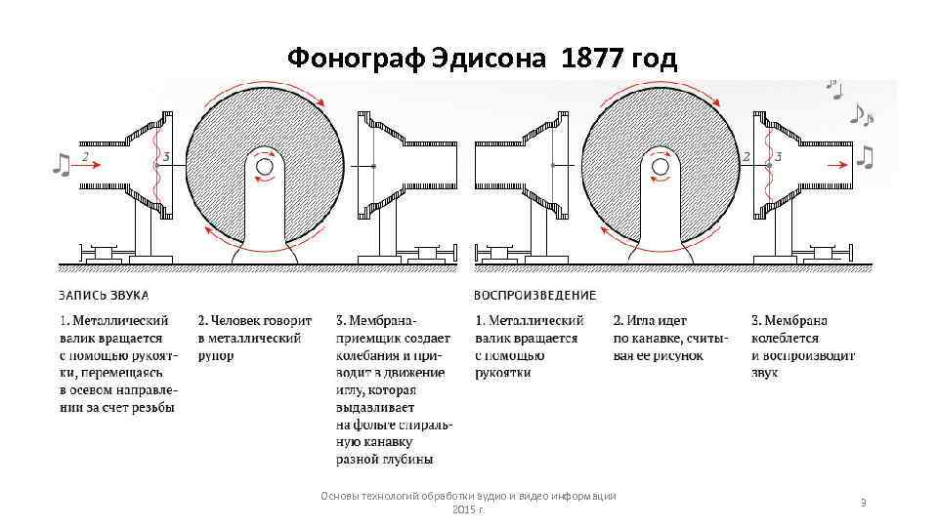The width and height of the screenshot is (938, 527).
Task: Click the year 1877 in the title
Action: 595,61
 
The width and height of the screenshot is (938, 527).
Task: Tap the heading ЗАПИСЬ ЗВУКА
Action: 104,295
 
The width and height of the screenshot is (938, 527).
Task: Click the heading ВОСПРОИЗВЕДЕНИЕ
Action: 534,295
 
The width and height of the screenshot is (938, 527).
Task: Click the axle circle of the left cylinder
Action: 264,167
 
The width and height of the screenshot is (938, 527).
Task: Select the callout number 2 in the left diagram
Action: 85,154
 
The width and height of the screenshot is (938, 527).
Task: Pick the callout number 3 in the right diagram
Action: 778,155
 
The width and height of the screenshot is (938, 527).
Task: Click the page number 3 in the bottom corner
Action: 863,502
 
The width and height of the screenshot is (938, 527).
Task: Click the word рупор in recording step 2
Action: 216,355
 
